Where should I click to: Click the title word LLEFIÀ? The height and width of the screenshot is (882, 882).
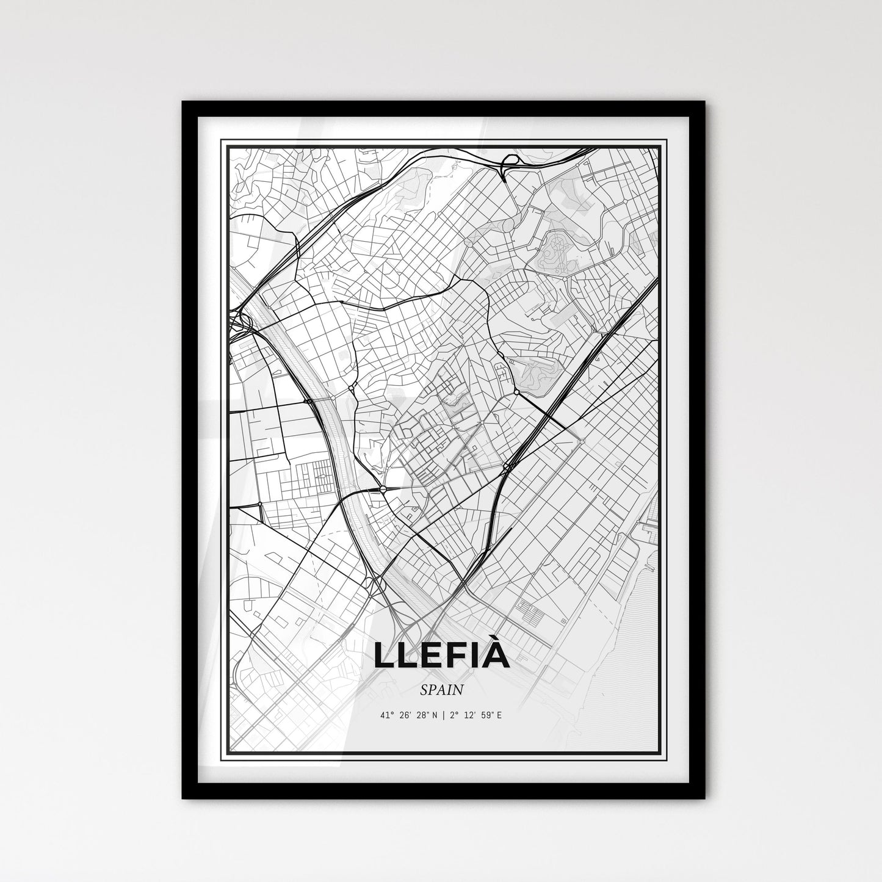[441, 655]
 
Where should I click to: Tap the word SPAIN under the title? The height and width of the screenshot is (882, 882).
[441, 690]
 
